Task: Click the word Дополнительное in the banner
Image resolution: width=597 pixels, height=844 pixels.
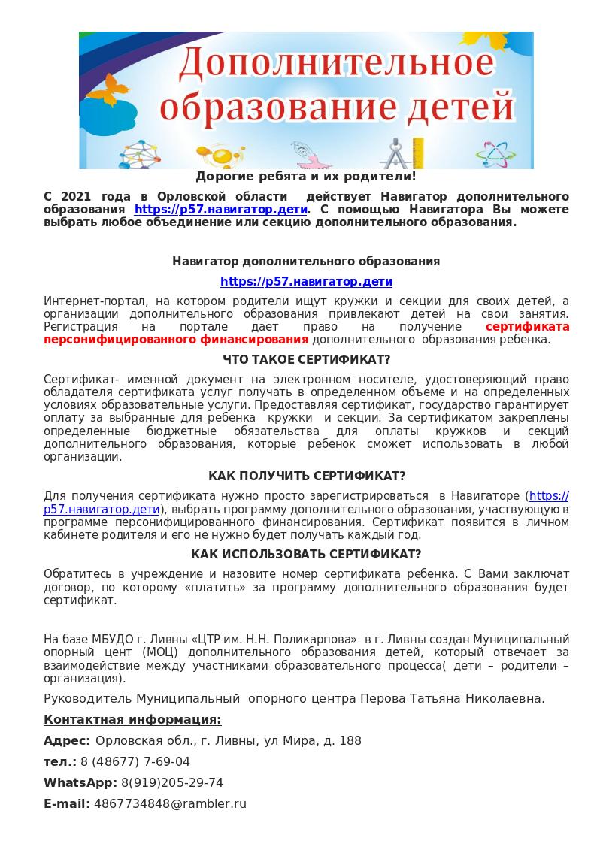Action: pos(336,67)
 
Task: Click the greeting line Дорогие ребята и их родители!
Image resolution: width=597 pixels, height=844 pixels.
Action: pos(305,177)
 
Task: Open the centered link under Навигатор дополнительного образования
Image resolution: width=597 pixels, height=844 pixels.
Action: pos(306,282)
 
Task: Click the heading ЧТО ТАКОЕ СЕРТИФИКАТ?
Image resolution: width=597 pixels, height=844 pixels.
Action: pos(307,360)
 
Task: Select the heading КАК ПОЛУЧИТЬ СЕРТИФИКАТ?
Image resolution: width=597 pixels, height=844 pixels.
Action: pos(307,476)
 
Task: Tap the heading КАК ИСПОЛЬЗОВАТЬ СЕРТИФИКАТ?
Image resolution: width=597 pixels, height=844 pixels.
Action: pos(306,555)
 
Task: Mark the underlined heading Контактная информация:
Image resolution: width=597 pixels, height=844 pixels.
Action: pos(132,720)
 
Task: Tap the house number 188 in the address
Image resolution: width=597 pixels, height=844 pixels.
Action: pos(350,741)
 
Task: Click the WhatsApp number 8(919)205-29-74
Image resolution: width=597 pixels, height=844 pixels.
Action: pos(172,783)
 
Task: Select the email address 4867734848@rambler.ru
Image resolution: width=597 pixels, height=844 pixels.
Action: pos(171,804)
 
